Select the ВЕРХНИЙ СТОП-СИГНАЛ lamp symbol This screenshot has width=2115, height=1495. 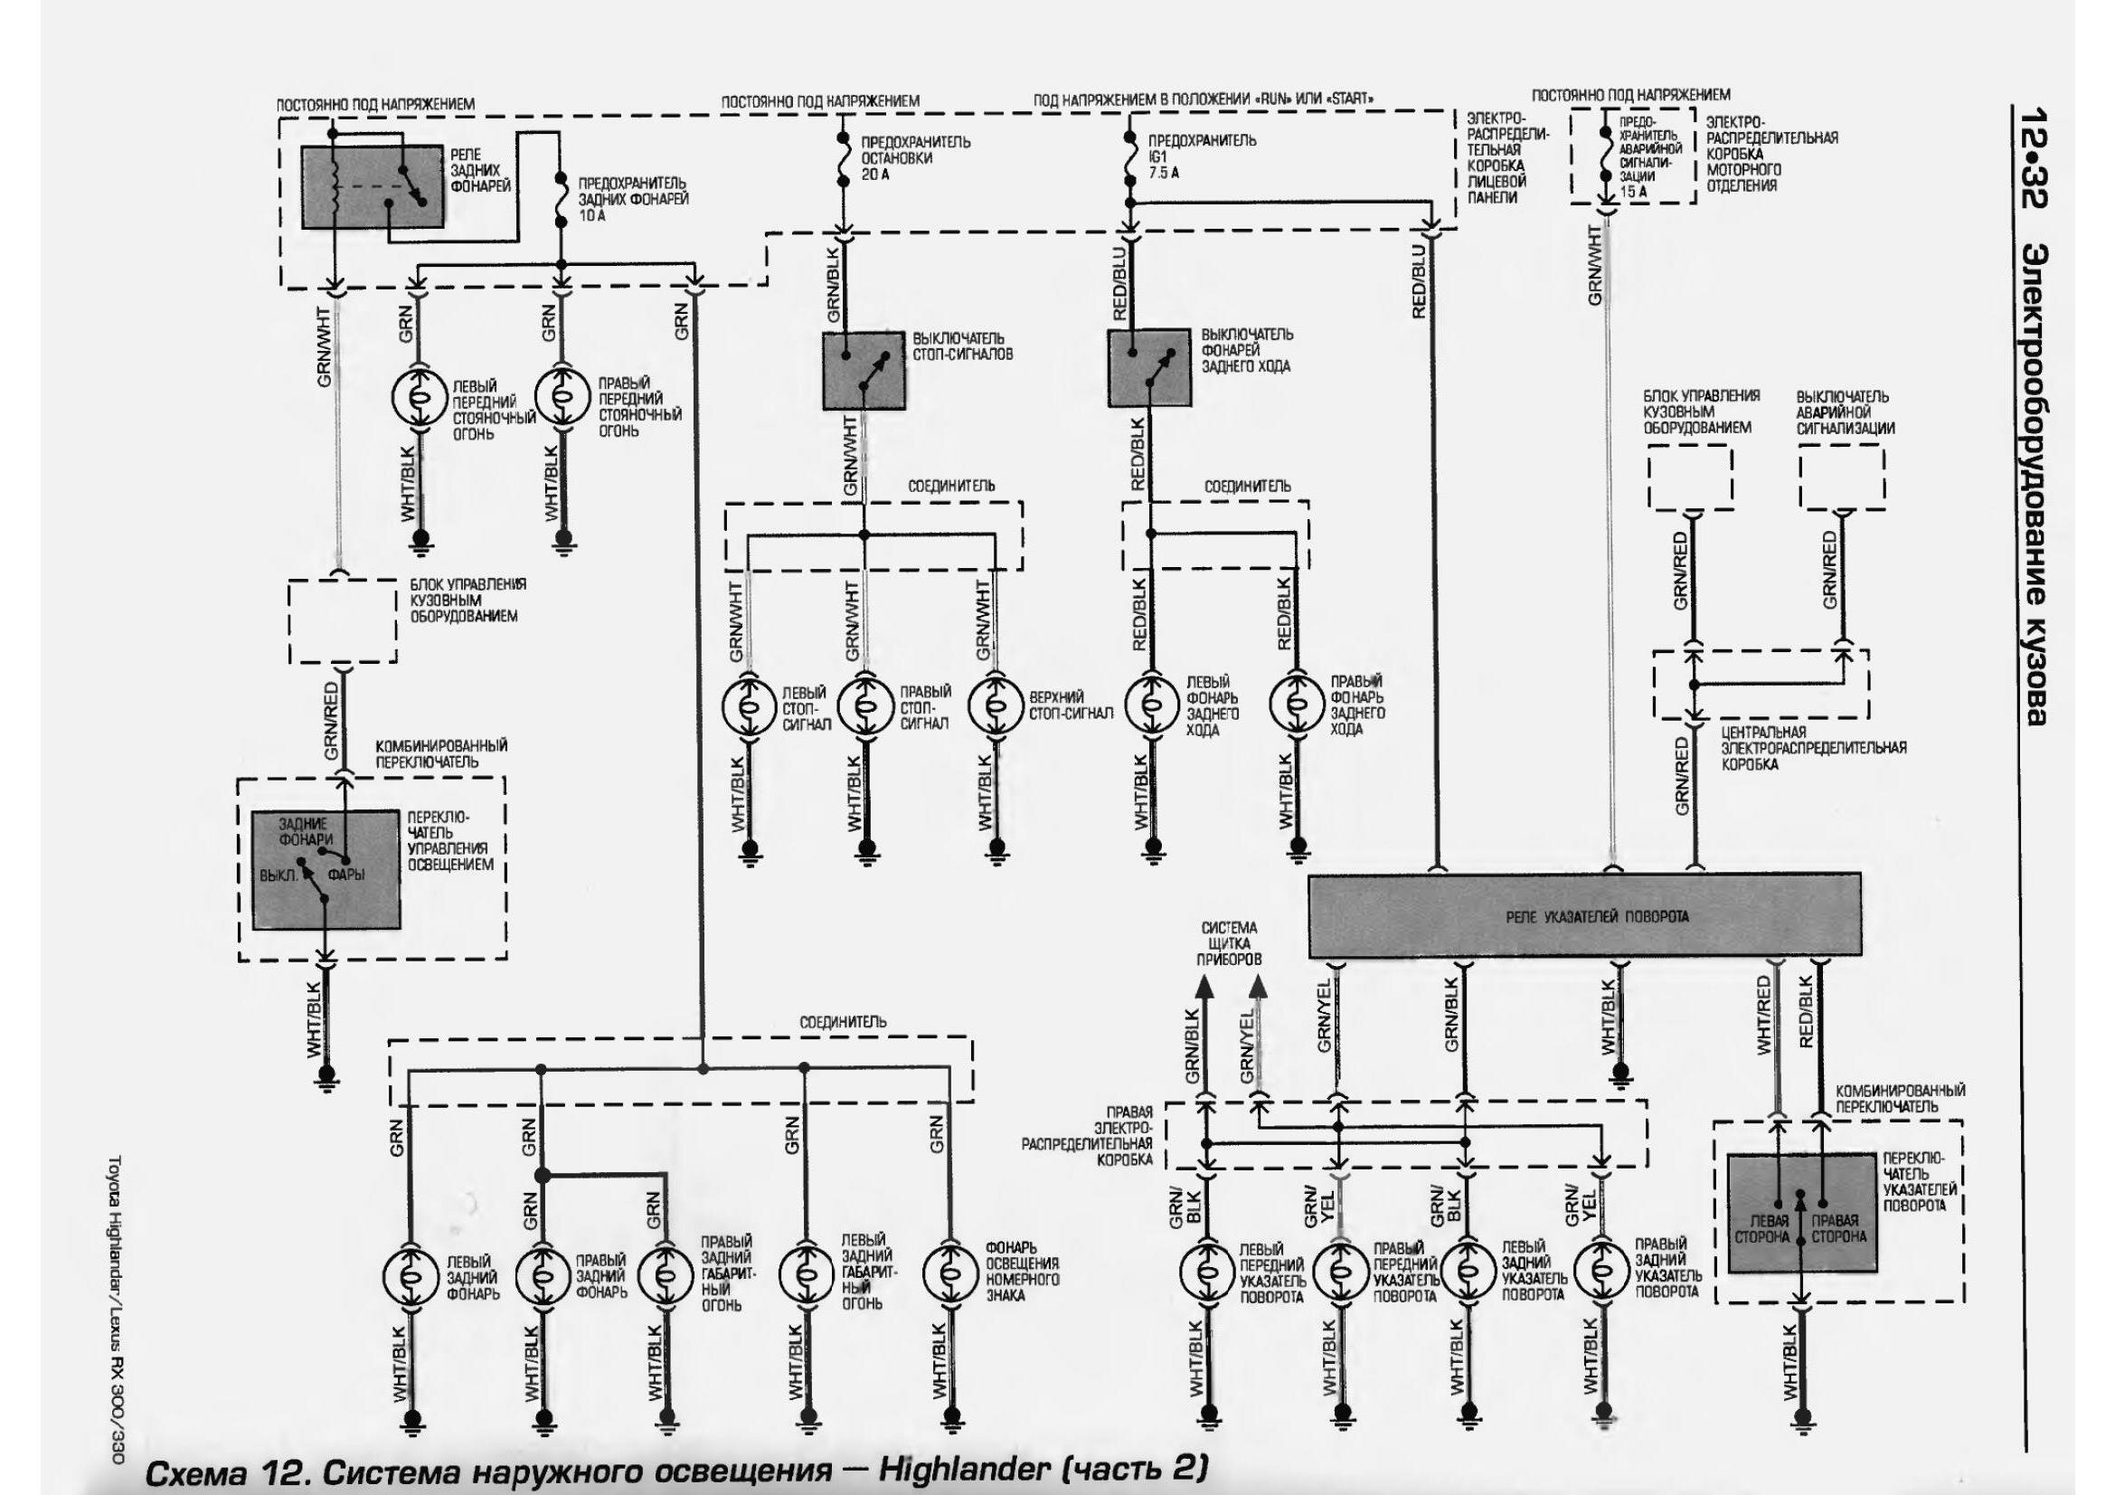pyautogui.click(x=995, y=705)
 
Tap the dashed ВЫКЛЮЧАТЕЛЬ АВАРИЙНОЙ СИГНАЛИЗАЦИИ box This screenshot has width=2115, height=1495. pyautogui.click(x=1841, y=477)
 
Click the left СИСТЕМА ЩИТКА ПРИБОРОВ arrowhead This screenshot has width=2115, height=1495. pyautogui.click(x=1202, y=988)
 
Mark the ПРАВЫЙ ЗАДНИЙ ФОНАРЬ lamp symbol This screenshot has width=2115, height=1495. pyautogui.click(x=543, y=1274)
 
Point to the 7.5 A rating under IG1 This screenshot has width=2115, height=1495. pyautogui.click(x=1165, y=173)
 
